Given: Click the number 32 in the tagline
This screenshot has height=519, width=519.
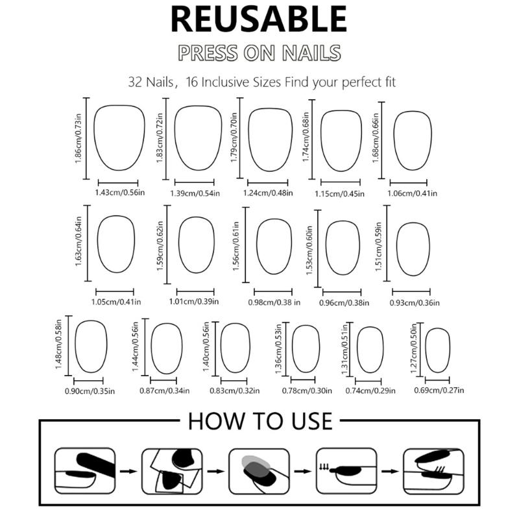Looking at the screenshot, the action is tap(135, 82).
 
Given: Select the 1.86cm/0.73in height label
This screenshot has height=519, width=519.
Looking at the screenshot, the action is tap(78, 138).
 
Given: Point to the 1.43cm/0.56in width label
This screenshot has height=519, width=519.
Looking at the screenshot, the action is tap(120, 192).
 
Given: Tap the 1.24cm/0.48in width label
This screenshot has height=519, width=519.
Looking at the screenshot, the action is tap(268, 193).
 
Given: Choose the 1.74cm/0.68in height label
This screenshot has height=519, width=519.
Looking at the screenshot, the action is tap(306, 137).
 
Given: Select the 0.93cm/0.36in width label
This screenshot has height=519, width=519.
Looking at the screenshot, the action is tap(415, 302).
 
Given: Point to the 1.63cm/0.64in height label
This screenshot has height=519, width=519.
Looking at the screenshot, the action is tap(78, 241).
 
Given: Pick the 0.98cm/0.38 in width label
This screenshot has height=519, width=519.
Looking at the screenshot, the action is tap(274, 302).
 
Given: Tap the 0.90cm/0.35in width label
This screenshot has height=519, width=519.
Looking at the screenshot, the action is tap(90, 391).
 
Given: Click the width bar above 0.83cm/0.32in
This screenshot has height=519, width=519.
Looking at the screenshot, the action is tap(234, 381).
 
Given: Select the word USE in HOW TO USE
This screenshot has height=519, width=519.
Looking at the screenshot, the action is tap(311, 421).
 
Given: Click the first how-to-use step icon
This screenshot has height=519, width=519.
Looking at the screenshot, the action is tap(85, 471).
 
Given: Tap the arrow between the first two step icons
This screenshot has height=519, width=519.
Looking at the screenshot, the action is tap(128, 471).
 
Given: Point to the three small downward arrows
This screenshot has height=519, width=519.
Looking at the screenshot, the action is tap(324, 467).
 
